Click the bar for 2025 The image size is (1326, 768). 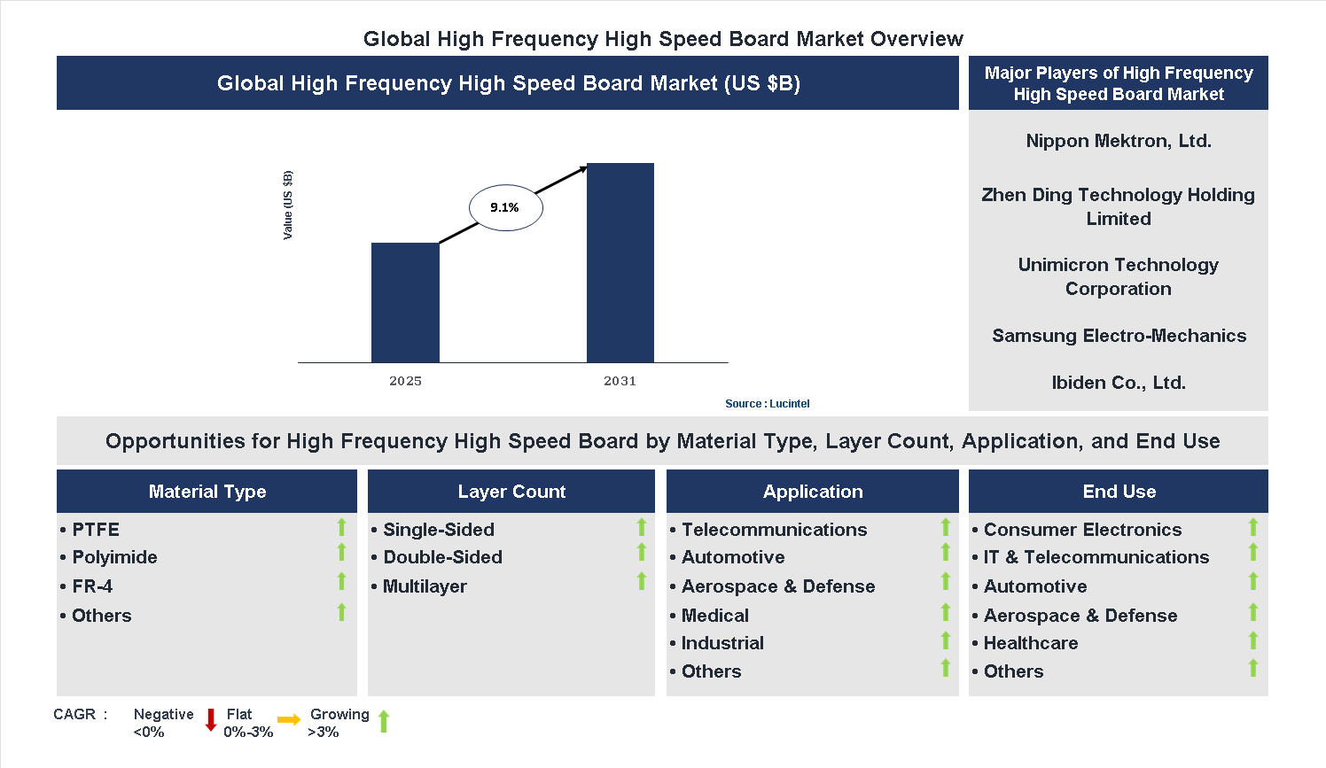coord(405,302)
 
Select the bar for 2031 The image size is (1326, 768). coord(620,262)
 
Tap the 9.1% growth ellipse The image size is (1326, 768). coord(505,208)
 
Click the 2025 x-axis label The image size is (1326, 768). coord(405,381)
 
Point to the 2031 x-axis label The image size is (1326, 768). coord(620,381)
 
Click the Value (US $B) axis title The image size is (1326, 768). coord(287,205)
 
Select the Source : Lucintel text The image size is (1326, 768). coord(767,404)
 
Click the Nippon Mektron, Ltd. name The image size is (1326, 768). coord(1118,141)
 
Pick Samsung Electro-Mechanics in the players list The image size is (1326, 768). coord(1119,336)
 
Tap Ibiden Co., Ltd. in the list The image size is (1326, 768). coord(1118,383)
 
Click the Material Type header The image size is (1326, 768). coord(207,492)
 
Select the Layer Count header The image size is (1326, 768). coord(511,492)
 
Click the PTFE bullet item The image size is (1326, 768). coord(95,530)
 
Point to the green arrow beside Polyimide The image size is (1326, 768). coord(341,553)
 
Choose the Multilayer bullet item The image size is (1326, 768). coord(424,586)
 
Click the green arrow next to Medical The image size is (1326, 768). coord(945,612)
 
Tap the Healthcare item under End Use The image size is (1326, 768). coord(1030,643)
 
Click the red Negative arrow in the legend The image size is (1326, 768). coord(211,720)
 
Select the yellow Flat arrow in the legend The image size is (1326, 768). coord(289,720)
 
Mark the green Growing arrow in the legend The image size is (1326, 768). coord(384,721)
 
